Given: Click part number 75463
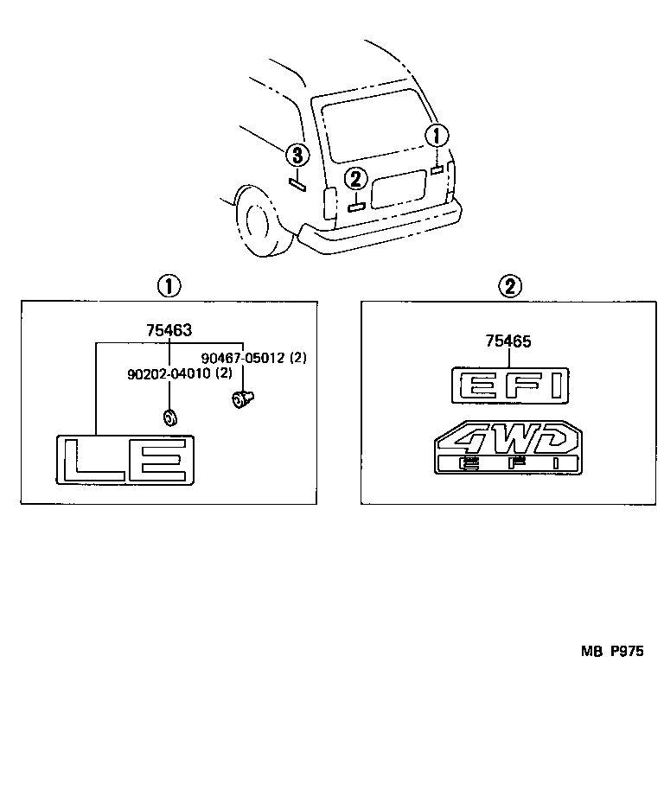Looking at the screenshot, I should (x=169, y=329).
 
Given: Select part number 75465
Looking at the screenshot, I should (x=508, y=341).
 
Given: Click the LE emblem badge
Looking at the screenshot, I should (x=125, y=459).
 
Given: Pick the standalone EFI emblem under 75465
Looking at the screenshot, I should (x=510, y=385).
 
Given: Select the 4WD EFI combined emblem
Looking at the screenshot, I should (x=508, y=447).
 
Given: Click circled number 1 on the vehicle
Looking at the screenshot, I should (x=437, y=136).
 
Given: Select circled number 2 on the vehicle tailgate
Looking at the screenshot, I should (x=355, y=180).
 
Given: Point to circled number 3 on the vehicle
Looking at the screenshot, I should (x=296, y=156).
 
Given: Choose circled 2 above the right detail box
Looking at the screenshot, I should (x=510, y=286).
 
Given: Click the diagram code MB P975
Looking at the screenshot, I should (x=611, y=653).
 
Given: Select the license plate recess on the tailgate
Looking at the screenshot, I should (x=399, y=188).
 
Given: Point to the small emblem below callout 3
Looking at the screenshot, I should (x=297, y=182).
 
